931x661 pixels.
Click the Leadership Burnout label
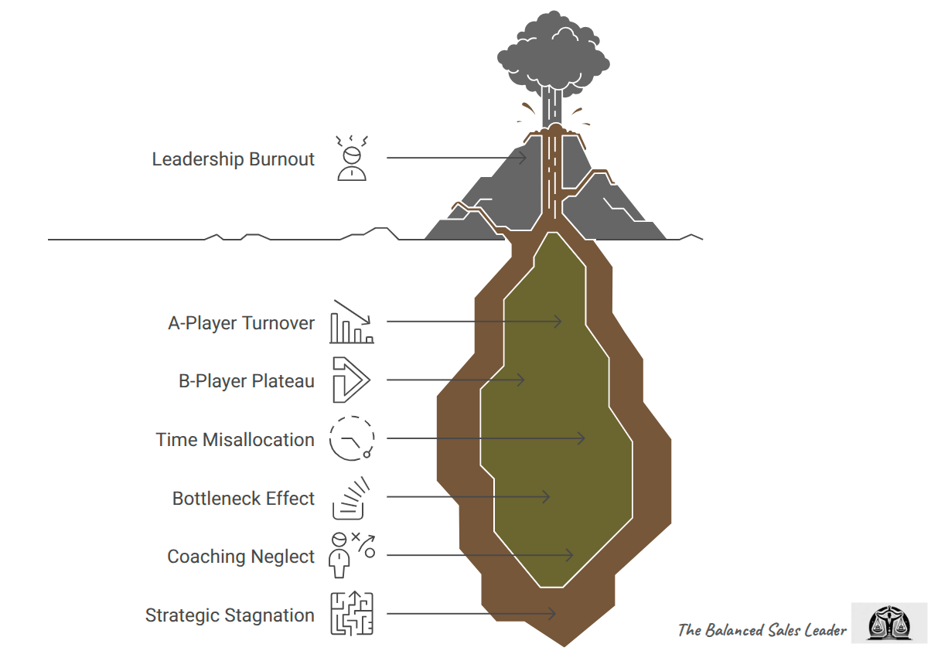234,159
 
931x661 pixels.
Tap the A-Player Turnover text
241,322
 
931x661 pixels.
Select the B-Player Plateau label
247,381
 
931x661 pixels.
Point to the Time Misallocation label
235,440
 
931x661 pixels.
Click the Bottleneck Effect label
244,499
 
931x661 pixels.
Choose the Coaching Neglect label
241,557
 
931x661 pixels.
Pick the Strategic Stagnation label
230,615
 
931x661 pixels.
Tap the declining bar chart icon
352,322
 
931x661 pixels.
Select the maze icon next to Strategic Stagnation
352,614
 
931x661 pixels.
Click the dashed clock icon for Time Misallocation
352,438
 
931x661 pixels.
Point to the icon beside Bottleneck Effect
350,499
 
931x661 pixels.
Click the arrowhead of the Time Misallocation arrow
581,438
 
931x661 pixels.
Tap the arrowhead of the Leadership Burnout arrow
523,158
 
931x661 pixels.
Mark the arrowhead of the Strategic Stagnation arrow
552,614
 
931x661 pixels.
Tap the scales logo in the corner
887,623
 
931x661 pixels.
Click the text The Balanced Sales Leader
762,630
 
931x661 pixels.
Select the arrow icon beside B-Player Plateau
350,380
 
